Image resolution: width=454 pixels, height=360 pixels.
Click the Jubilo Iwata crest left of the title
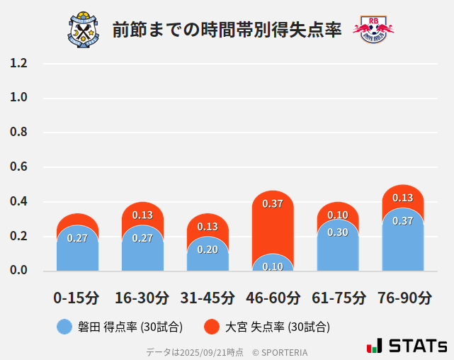pyautogui.click(x=85, y=29)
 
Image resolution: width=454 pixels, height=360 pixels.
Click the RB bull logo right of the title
pyautogui.click(x=373, y=29)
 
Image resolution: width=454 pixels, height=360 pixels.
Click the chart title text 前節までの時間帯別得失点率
pyautogui.click(x=227, y=30)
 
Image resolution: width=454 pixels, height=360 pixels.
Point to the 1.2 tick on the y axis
pyautogui.click(x=18, y=63)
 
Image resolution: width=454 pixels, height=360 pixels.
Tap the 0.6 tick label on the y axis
pyautogui.click(x=18, y=167)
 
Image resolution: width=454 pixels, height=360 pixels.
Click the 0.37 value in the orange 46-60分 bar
pyautogui.click(x=273, y=203)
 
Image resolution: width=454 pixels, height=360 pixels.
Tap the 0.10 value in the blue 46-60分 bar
pyautogui.click(x=273, y=266)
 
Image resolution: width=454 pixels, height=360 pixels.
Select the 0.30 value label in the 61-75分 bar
pyautogui.click(x=338, y=232)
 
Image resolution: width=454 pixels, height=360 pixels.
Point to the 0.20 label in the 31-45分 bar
pyautogui.click(x=208, y=249)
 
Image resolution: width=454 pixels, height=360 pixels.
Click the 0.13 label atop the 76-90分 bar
pyautogui.click(x=403, y=198)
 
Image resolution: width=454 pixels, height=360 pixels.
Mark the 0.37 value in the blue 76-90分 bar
pyautogui.click(x=403, y=220)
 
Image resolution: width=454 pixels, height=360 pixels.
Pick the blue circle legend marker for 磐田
pyautogui.click(x=64, y=327)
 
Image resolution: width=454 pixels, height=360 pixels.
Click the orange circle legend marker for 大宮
pyautogui.click(x=212, y=327)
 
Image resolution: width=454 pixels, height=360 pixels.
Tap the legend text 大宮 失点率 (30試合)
pyautogui.click(x=277, y=327)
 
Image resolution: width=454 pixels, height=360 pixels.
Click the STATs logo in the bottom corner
pyautogui.click(x=408, y=346)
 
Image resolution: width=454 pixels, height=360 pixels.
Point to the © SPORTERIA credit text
pyautogui.click(x=280, y=351)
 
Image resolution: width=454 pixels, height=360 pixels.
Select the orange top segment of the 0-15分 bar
pyautogui.click(x=77, y=220)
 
